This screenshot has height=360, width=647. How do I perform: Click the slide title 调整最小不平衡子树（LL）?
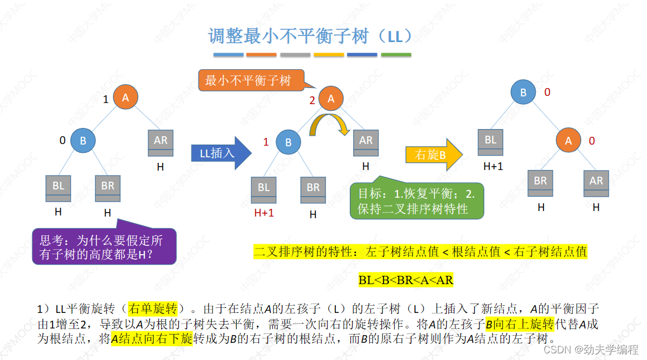312,37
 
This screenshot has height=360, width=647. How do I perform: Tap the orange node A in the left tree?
125,97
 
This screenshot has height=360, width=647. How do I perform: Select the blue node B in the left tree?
83,141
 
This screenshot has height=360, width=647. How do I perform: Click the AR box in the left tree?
161,142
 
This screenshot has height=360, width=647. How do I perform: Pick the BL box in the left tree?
59,188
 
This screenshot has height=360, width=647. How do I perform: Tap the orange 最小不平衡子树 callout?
249,80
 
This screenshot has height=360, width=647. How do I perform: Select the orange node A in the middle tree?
331,99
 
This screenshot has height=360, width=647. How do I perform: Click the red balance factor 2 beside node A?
312,101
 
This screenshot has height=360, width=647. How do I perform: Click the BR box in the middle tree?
313,189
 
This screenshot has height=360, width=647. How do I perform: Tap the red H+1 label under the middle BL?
264,213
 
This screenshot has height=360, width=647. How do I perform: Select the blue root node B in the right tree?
523,92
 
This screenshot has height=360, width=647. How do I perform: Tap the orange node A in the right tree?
568,141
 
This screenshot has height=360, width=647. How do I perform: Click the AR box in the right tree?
596,183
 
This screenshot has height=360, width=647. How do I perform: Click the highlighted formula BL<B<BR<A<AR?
406,280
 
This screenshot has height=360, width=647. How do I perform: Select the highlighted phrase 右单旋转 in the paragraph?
152,309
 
